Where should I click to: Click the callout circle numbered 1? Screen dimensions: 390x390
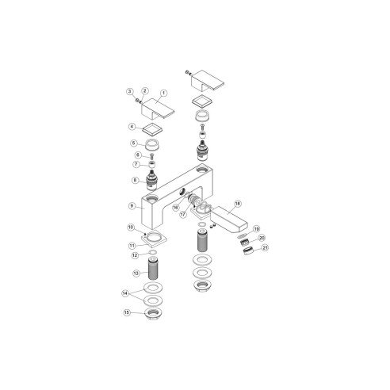tap(164, 93)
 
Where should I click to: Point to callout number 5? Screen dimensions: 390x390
tap(134, 143)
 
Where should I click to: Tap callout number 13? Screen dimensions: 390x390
tap(136, 273)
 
